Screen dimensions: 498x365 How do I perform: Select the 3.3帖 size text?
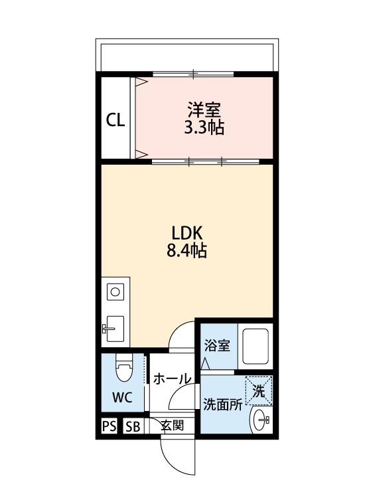204,127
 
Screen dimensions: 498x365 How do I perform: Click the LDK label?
186,233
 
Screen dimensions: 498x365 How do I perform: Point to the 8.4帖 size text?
186,252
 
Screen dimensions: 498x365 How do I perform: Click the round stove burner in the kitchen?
115,291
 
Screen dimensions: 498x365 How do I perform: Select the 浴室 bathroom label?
217,346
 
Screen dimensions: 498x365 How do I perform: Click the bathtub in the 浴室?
256,347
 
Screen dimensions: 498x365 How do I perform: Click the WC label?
121,398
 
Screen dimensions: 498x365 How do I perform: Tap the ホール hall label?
172,379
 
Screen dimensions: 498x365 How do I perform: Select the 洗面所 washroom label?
221,405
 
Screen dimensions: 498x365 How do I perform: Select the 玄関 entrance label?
172,426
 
